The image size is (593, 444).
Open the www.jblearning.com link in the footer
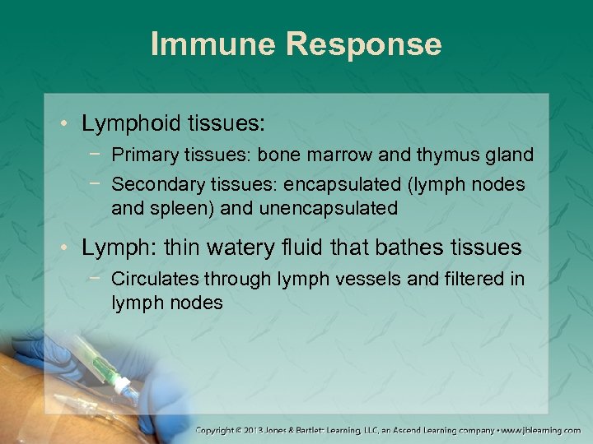coord(541,430)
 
